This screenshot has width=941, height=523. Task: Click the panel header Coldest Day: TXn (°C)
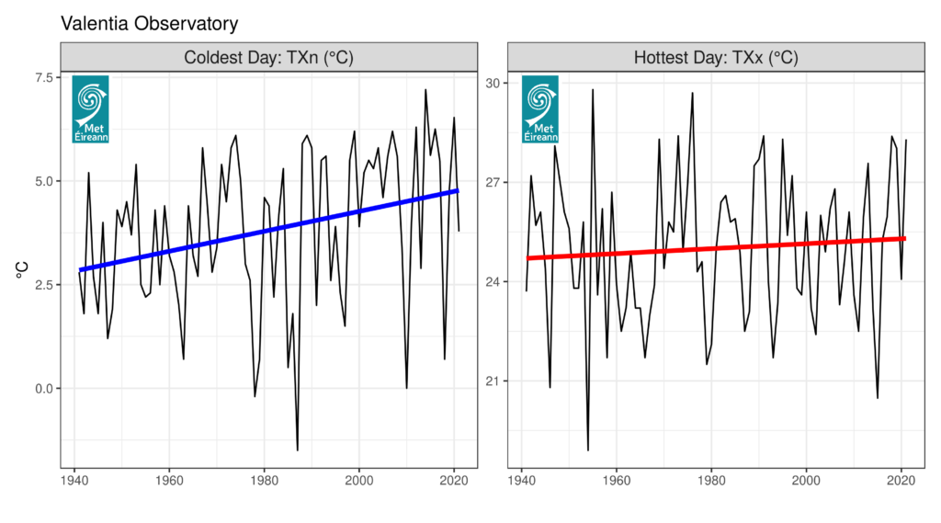click(268, 57)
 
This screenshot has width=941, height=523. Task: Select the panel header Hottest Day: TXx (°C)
click(716, 57)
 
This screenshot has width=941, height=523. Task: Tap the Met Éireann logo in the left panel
click(90, 108)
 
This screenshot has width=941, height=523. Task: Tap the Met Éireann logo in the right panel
click(540, 108)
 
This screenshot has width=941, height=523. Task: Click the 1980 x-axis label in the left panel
click(264, 480)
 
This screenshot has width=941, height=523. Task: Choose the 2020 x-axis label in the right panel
click(901, 480)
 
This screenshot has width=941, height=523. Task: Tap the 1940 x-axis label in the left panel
click(74, 480)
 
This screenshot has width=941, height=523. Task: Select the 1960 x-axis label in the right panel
click(617, 480)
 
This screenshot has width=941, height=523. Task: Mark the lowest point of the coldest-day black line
click(298, 450)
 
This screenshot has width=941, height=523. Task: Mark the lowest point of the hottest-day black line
click(588, 450)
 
